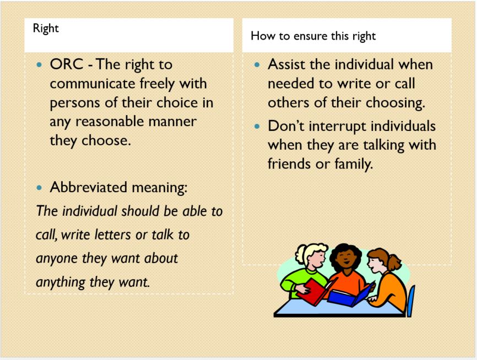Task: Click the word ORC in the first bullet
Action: click(66, 64)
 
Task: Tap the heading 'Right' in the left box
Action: click(46, 28)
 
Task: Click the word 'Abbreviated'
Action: click(88, 187)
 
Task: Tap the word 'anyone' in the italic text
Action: click(57, 259)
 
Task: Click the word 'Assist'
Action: click(286, 64)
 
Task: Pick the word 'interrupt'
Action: click(337, 126)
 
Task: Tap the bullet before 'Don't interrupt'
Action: click(257, 126)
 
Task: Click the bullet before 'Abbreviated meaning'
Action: click(39, 188)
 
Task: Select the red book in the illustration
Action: click(315, 291)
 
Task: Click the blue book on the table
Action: click(351, 296)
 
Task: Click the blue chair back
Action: click(410, 301)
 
